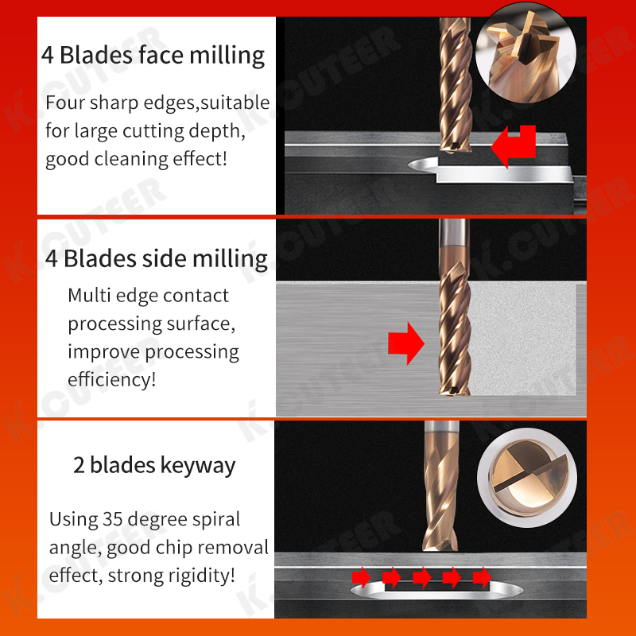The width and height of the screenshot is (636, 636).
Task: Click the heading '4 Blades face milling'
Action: (x=153, y=55)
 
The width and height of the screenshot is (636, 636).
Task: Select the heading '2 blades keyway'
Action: (x=154, y=465)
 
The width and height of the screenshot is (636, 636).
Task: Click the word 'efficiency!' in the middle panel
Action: (x=111, y=379)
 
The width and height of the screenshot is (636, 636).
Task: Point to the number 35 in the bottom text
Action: (x=112, y=520)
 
